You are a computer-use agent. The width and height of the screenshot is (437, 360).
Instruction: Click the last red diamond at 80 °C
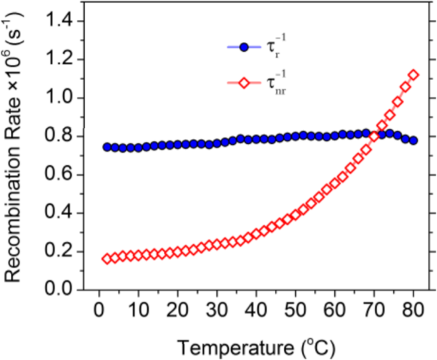tap(413, 75)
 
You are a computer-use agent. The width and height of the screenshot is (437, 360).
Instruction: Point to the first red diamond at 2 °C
tap(107, 259)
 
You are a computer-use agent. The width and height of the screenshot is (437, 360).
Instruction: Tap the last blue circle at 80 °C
tap(413, 140)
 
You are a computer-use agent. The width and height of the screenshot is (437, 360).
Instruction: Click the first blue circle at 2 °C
tap(107, 147)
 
